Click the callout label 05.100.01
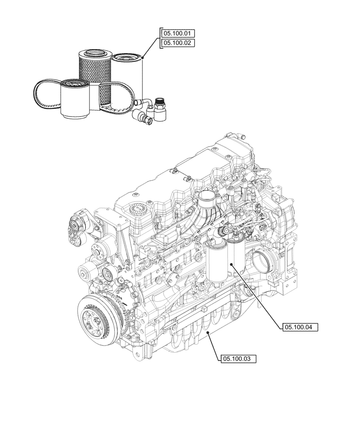(x=178, y=34)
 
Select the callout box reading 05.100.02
(x=178, y=43)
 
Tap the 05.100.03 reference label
(x=238, y=358)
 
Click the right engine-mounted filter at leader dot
(x=232, y=264)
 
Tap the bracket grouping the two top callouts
(x=160, y=39)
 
